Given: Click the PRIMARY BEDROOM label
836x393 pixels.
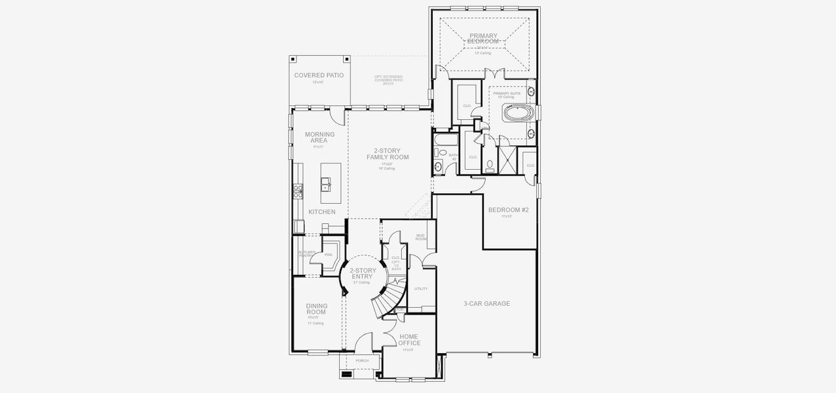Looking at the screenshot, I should click(x=483, y=39).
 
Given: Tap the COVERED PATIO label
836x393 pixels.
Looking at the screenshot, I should click(x=319, y=75).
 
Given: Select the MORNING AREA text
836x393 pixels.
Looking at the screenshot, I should click(x=319, y=138).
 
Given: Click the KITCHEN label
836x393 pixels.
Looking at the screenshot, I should click(x=321, y=212).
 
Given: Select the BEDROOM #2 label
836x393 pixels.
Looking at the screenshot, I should click(x=508, y=210).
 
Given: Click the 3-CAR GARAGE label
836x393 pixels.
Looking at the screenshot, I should click(x=486, y=304).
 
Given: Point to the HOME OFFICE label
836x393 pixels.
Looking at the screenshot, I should click(x=409, y=339).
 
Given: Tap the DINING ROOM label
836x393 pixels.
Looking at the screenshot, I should click(x=316, y=309).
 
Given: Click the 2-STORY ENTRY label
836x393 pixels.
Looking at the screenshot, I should click(x=361, y=273).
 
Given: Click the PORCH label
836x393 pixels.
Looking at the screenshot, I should click(x=361, y=361).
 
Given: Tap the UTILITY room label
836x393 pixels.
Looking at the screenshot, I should click(x=421, y=289).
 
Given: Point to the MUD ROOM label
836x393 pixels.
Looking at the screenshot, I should click(x=421, y=237).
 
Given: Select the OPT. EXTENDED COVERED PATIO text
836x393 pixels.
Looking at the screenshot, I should click(x=388, y=79).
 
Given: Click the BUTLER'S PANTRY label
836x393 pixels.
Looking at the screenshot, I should click(x=306, y=253).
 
